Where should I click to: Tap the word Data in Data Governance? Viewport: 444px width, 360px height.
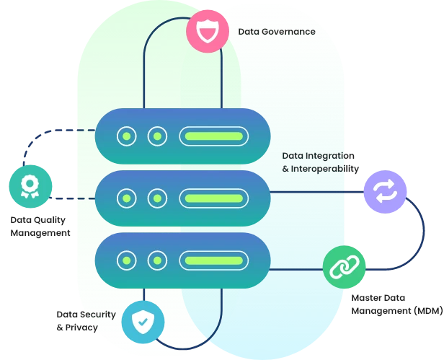[249, 32]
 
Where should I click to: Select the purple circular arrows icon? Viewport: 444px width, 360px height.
[386, 192]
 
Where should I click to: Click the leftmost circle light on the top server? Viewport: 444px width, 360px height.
[127, 136]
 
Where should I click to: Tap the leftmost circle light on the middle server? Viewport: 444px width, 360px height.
[127, 198]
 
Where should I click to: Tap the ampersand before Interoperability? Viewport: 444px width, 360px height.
[285, 169]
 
